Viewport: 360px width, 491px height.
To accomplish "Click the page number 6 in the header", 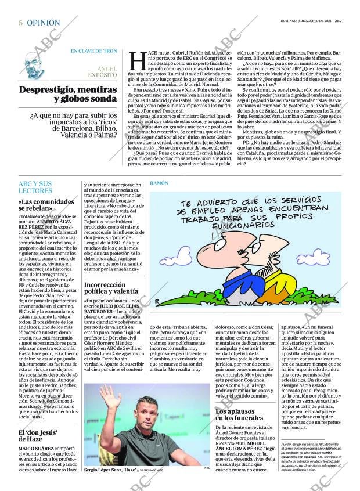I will point(20,23).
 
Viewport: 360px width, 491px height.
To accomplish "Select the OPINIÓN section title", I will point(44,23).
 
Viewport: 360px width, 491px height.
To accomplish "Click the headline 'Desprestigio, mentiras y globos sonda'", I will point(68,95).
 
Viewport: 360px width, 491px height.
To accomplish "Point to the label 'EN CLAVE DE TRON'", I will point(93,51).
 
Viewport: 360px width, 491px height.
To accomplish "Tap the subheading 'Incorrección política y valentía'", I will point(111,288).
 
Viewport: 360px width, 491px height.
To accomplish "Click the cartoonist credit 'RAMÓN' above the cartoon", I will point(159,183).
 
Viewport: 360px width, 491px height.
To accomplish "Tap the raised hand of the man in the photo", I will point(109,397).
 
